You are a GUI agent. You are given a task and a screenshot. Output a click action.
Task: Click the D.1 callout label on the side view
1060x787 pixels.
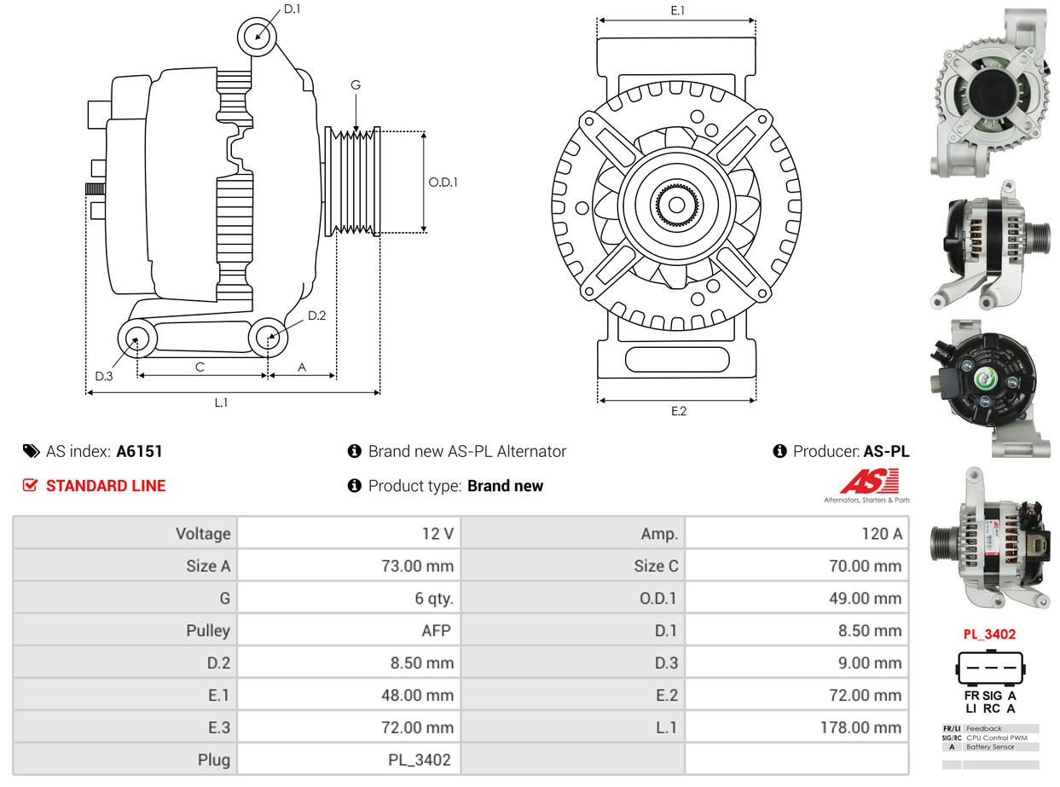292,9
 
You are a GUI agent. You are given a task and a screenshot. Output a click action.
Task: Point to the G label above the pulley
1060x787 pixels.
356,84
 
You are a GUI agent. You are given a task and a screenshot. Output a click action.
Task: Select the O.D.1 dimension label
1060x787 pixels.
443,182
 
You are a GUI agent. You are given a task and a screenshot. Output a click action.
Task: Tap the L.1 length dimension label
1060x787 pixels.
220,402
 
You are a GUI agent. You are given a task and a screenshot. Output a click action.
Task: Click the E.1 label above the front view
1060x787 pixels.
678,10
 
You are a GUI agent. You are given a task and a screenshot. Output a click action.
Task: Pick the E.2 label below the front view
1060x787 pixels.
678,411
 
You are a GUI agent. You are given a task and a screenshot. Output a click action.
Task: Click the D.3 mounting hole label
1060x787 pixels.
104,376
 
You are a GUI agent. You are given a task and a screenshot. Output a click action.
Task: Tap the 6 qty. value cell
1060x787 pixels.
434,599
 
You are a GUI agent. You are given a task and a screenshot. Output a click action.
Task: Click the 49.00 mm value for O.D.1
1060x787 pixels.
865,599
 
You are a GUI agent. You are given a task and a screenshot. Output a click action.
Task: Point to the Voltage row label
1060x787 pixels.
203,534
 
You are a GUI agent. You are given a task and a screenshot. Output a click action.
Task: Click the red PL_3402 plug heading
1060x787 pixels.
989,634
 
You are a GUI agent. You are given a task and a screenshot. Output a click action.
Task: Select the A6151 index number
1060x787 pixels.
139,451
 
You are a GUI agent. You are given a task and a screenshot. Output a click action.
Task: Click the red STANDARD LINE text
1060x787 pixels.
105,486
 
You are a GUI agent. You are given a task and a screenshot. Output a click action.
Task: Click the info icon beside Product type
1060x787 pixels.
355,486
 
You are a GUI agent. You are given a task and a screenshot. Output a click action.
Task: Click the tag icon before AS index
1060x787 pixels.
31,451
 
